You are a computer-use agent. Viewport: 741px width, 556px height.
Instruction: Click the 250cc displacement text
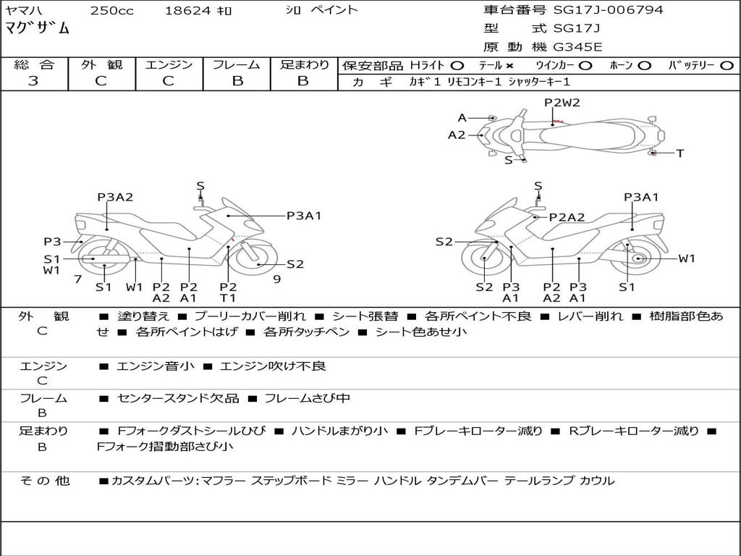click(110, 10)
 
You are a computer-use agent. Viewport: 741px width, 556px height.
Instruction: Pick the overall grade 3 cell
click(33, 81)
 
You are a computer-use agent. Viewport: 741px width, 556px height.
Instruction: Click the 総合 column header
click(33, 65)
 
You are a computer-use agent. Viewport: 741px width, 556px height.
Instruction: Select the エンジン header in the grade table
click(169, 65)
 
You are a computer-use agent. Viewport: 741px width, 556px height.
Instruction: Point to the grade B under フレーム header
click(237, 81)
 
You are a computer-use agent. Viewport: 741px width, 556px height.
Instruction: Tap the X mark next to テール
click(509, 66)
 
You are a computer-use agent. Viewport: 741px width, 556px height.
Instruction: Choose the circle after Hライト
click(457, 66)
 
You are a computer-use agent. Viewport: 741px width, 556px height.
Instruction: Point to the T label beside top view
click(679, 153)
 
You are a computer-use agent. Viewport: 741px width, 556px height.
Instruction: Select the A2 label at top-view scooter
click(457, 135)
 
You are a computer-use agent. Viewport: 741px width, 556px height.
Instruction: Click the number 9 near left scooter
click(276, 279)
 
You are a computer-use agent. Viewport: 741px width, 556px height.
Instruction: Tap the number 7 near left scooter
click(77, 279)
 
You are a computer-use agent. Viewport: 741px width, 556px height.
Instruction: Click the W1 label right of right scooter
click(686, 258)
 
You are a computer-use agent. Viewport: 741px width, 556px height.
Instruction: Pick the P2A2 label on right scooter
click(567, 217)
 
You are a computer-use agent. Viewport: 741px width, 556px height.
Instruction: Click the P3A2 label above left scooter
click(115, 197)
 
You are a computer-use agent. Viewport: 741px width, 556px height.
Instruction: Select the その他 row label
click(44, 481)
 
